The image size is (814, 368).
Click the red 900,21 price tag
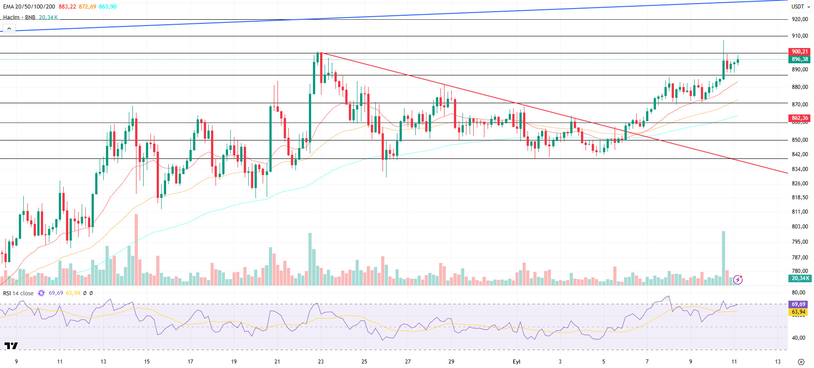click(799, 52)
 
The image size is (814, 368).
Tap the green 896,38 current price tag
click(799, 59)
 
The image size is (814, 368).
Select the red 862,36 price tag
click(799, 118)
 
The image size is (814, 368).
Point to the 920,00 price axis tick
click(799, 19)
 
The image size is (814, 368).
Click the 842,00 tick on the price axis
click(799, 154)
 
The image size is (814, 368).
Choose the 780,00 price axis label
click(799, 271)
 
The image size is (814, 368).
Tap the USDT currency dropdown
click(801, 7)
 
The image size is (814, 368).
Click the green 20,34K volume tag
click(800, 278)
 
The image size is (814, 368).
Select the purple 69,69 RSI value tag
click(798, 304)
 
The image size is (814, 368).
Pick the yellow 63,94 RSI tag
click(798, 312)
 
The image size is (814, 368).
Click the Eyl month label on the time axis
click(516, 361)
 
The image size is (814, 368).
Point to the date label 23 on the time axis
click(321, 361)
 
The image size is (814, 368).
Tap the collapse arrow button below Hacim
click(9, 28)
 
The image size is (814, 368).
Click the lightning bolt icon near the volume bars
click(738, 280)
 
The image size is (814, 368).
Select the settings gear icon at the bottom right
click(801, 362)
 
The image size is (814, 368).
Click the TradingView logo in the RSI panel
click(11, 346)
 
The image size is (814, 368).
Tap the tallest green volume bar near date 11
click(723, 258)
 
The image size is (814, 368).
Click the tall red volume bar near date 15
click(136, 249)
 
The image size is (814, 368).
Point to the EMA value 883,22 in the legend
click(67, 7)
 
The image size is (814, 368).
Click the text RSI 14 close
click(18, 293)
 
